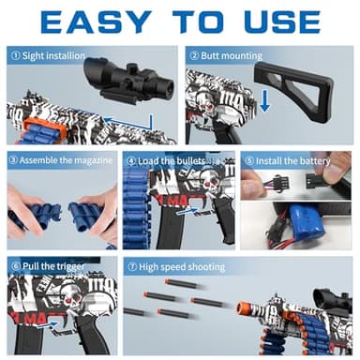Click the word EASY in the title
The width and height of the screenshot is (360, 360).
(x=96, y=22)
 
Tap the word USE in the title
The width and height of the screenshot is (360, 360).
(x=282, y=22)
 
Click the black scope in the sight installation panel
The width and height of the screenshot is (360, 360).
(x=128, y=81)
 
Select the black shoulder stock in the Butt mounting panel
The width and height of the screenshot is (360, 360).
(x=293, y=86)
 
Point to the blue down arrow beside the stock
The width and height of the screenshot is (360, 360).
(x=264, y=100)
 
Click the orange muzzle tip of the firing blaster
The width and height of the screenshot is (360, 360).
(x=243, y=308)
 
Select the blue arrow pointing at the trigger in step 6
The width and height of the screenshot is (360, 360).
(x=48, y=325)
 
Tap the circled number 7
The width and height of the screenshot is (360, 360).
(x=132, y=267)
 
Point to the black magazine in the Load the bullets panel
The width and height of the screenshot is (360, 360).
(x=166, y=224)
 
